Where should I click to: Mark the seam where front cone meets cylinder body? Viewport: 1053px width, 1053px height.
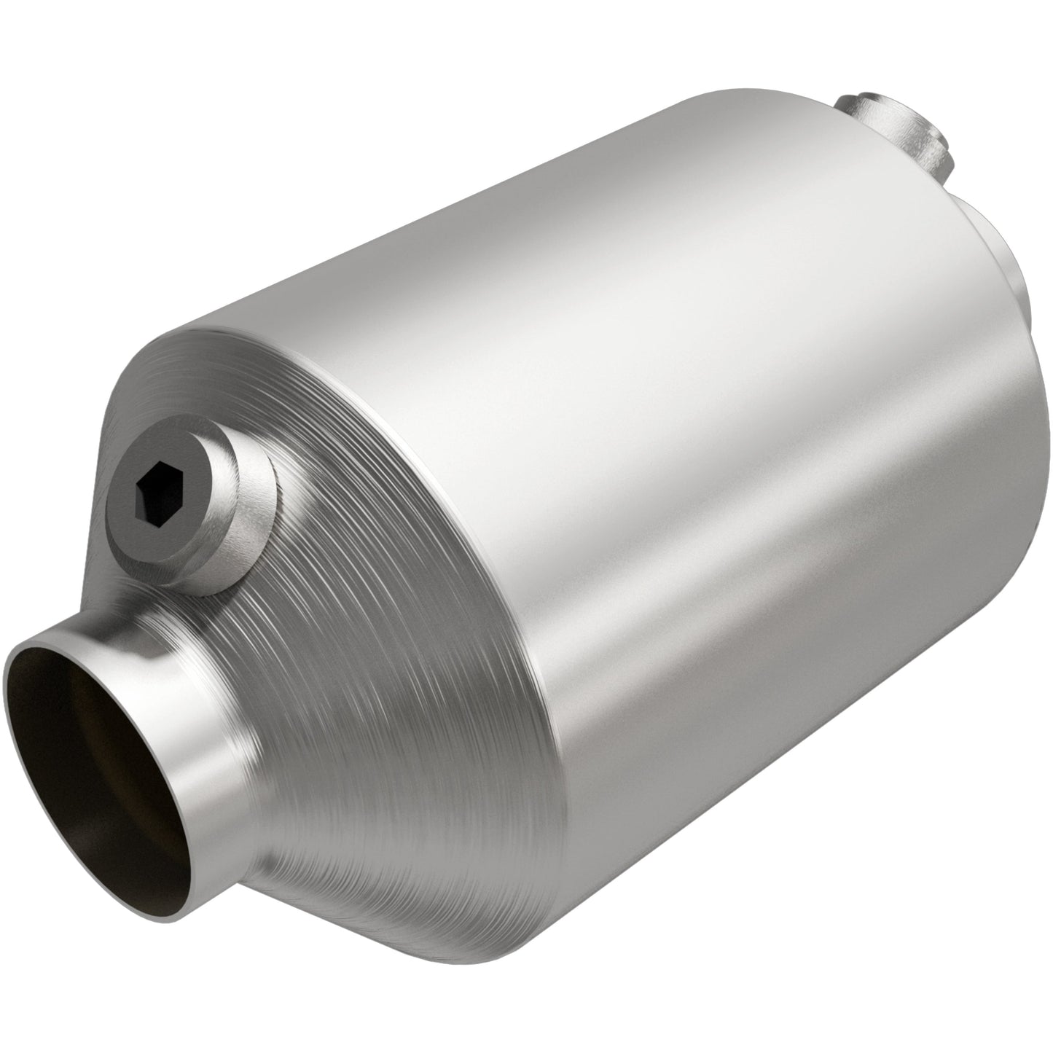510,583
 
